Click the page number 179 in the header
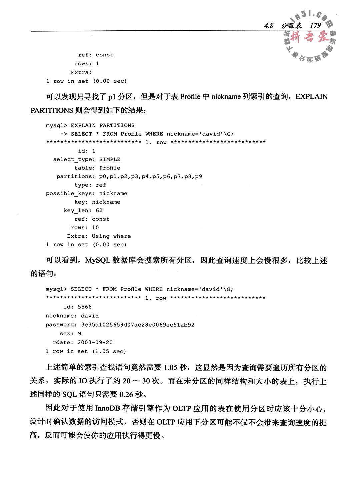click(315, 26)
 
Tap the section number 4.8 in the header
click(268, 26)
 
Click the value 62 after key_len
click(99, 210)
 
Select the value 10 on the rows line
click(95, 227)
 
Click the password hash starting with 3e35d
click(138, 325)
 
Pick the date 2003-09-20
click(95, 342)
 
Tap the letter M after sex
click(79, 334)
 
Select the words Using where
click(111, 236)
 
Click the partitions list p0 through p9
click(150, 176)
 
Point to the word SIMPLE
click(110, 159)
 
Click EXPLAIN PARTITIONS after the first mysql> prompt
click(103, 125)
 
